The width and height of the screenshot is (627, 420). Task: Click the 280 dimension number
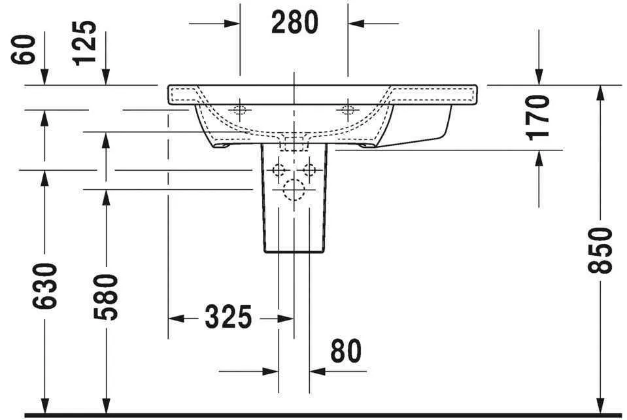(294, 23)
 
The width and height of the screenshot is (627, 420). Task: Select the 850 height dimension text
(600, 250)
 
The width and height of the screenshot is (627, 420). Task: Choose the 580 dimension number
(105, 297)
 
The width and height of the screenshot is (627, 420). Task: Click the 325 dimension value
(228, 318)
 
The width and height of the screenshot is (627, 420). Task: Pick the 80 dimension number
(345, 351)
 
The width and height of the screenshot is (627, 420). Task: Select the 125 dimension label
(85, 43)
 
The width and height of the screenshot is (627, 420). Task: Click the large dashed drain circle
(294, 190)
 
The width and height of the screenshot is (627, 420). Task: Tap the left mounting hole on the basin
(240, 109)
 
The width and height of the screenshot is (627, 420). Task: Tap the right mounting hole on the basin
(348, 109)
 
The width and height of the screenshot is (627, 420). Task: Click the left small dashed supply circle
(280, 171)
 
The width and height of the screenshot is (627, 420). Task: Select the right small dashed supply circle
(309, 171)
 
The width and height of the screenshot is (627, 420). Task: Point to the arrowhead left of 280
(231, 24)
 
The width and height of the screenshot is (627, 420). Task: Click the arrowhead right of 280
(357, 24)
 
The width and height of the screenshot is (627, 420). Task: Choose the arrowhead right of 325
(285, 319)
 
